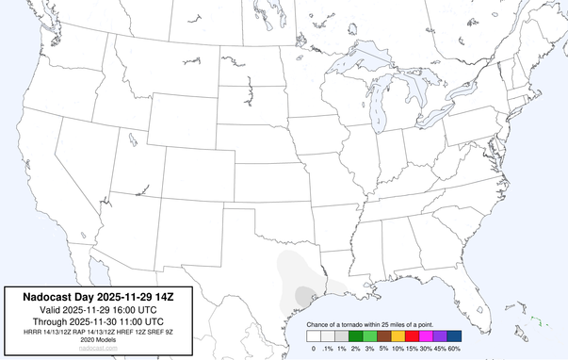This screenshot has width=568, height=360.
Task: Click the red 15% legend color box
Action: click(412, 335)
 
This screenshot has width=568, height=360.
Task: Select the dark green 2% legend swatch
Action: click(355, 335)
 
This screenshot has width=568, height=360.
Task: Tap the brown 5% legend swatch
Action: click(383, 335)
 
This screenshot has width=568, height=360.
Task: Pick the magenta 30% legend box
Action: click(426, 335)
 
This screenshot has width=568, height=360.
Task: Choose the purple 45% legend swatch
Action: click(440, 335)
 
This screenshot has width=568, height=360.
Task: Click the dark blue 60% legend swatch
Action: click(454, 335)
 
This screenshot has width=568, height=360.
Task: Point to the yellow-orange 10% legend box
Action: click(398, 335)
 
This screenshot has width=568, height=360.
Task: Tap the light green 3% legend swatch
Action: click(369, 335)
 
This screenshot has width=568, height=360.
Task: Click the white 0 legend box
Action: click(313, 335)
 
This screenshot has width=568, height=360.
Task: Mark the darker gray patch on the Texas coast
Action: click(303, 295)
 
